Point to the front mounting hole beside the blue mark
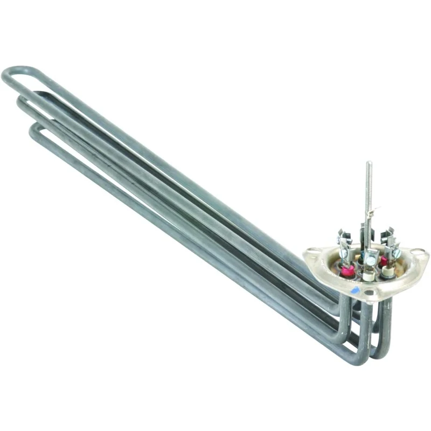pos(368,292)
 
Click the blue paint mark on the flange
pos(354,290)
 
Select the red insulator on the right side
pos(384,261)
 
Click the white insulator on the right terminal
pos(388,271)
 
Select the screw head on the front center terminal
pos(371,260)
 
